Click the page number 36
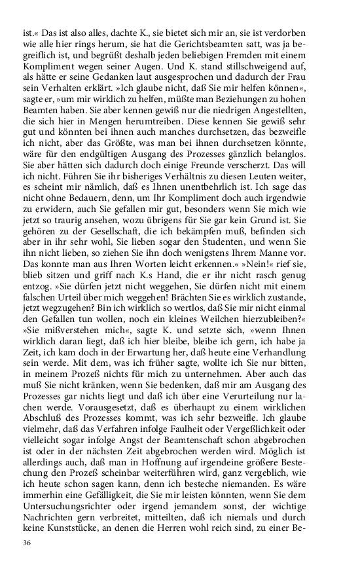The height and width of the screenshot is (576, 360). click(27, 543)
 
